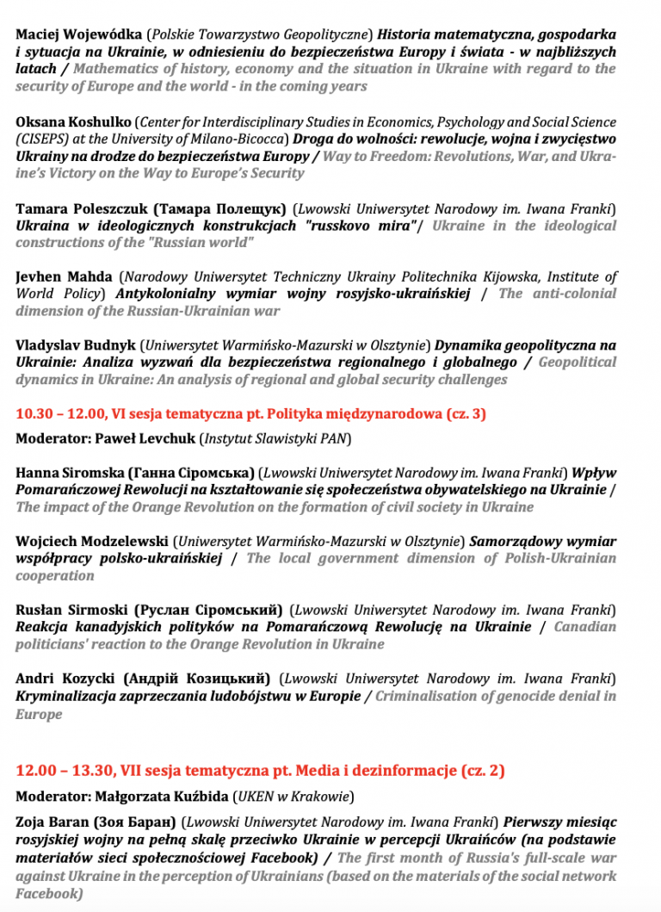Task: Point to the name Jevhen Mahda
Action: coord(64,277)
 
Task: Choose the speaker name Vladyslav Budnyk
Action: coord(76,345)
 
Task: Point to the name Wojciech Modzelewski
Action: coord(91,542)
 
